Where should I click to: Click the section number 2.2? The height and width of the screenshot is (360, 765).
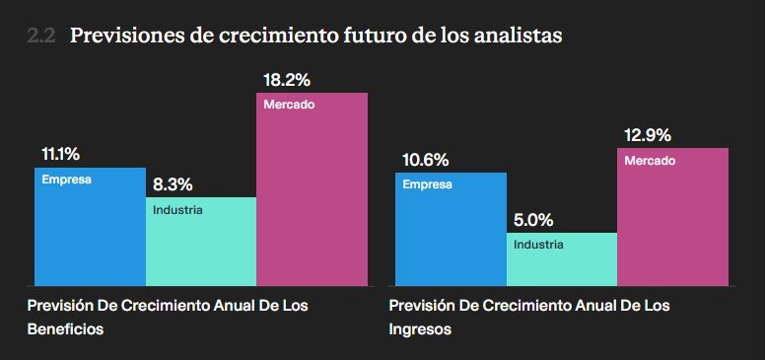pos(41,36)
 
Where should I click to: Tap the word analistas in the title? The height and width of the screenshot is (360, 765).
pos(520,36)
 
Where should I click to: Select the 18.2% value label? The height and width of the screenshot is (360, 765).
pos(287,80)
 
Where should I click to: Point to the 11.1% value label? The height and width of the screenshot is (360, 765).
pos(60,155)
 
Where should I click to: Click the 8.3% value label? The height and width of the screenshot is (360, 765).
pos(173,184)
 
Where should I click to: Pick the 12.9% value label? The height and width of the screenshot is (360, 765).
pos(648,135)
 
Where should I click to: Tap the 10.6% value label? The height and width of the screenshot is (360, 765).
pos(426,160)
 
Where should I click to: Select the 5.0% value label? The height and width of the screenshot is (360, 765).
pos(533,221)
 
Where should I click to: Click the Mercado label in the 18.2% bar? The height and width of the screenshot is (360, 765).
pos(289,105)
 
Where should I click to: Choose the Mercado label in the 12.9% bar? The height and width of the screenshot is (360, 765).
pos(650,161)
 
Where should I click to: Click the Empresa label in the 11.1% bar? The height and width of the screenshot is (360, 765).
pos(66,180)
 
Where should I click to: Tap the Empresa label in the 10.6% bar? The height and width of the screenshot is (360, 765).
pos(428,184)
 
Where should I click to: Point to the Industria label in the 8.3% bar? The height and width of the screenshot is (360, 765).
pos(177,210)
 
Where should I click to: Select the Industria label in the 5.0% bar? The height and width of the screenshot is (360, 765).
pos(538,245)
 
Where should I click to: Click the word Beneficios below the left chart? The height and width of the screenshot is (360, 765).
pos(65,328)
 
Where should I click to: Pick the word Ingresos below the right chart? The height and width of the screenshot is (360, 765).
pos(420,329)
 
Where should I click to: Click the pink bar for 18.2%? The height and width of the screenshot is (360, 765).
pos(313,189)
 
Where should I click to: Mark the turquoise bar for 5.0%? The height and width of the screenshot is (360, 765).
pos(562,259)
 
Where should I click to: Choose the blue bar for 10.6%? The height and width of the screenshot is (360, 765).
pos(451,229)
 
